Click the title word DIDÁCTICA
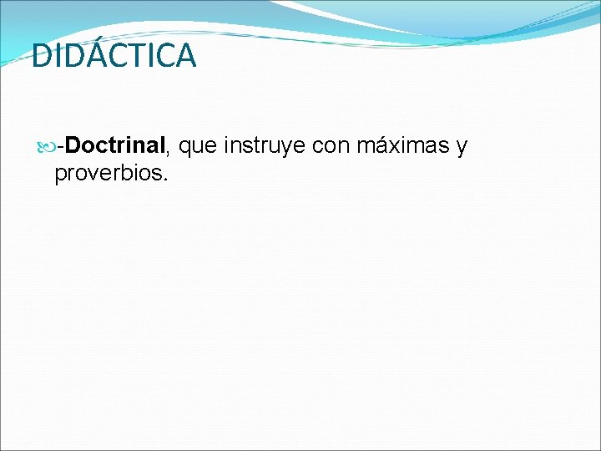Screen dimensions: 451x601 [114, 56]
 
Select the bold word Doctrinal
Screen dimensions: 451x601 [117, 146]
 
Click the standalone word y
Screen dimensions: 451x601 [462, 149]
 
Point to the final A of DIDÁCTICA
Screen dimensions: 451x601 [185, 56]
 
